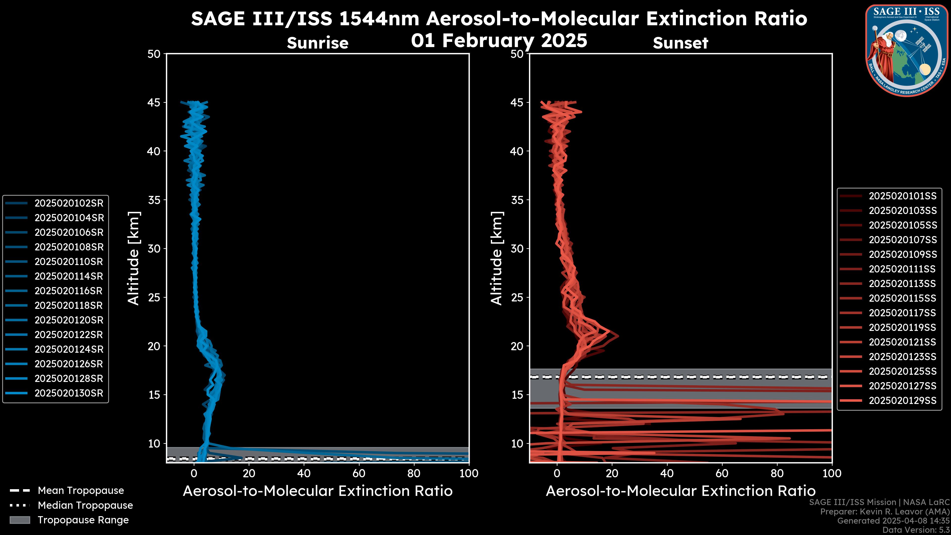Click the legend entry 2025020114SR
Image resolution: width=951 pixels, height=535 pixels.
click(x=69, y=276)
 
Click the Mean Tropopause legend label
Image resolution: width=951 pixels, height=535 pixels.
click(x=81, y=490)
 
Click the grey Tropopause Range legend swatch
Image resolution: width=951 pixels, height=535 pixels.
click(x=20, y=520)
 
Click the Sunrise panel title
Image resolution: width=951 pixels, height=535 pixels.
click(x=317, y=43)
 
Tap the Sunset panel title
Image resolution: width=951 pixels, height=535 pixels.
click(x=680, y=43)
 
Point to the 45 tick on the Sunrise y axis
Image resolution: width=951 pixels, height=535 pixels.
click(x=154, y=102)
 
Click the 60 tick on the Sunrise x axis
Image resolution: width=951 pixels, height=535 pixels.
click(x=359, y=473)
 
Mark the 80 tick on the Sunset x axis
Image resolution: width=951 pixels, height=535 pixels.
click(x=777, y=473)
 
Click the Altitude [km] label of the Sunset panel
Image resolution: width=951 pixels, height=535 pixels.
click(x=497, y=258)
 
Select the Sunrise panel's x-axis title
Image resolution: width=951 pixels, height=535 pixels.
click(x=317, y=491)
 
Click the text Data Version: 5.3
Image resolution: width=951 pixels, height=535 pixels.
click(x=916, y=530)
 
